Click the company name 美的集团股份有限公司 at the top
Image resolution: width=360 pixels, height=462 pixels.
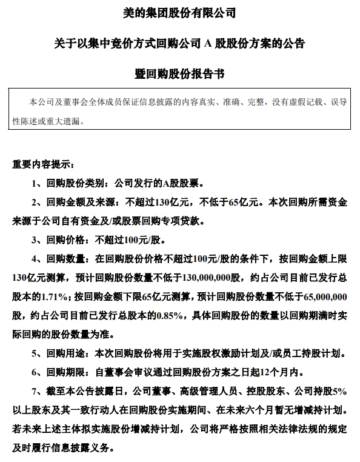[x=180, y=12]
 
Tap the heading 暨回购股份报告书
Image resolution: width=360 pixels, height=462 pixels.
[x=180, y=73]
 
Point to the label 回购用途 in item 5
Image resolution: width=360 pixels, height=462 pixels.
[x=67, y=353]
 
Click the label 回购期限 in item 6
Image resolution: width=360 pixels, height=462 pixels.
[x=67, y=372]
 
